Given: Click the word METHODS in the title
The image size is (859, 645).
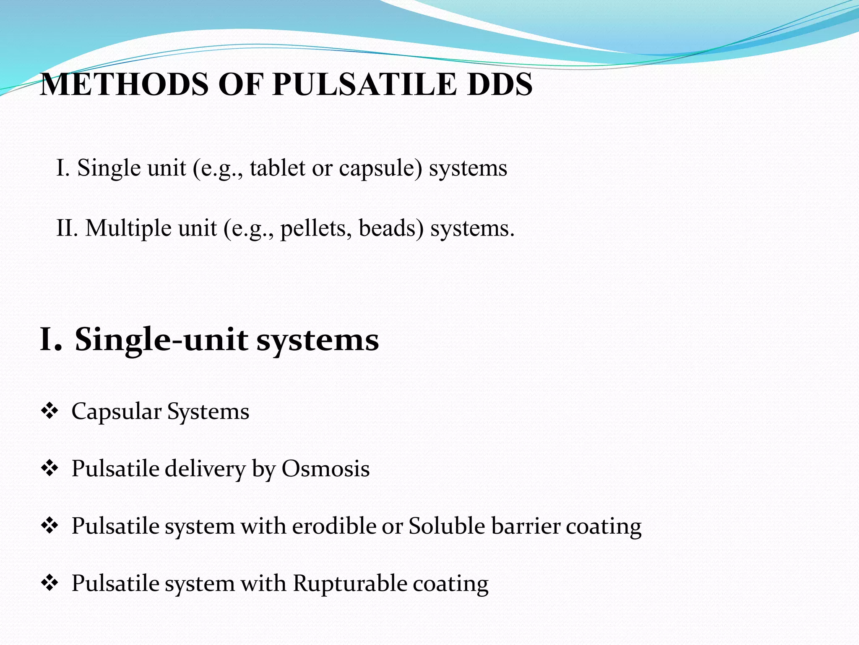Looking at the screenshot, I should pyautogui.click(x=124, y=84).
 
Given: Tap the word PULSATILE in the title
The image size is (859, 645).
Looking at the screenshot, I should pyautogui.click(x=364, y=84).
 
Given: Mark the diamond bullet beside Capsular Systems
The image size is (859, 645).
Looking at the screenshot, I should pyautogui.click(x=49, y=411).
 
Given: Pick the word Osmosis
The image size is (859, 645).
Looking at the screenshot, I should pyautogui.click(x=325, y=469).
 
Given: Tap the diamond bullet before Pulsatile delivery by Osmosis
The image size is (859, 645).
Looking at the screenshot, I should pyautogui.click(x=49, y=469).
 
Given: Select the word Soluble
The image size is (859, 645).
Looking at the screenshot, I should pyautogui.click(x=447, y=526).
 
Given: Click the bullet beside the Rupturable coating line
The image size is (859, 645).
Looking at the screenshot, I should pyautogui.click(x=49, y=583).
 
